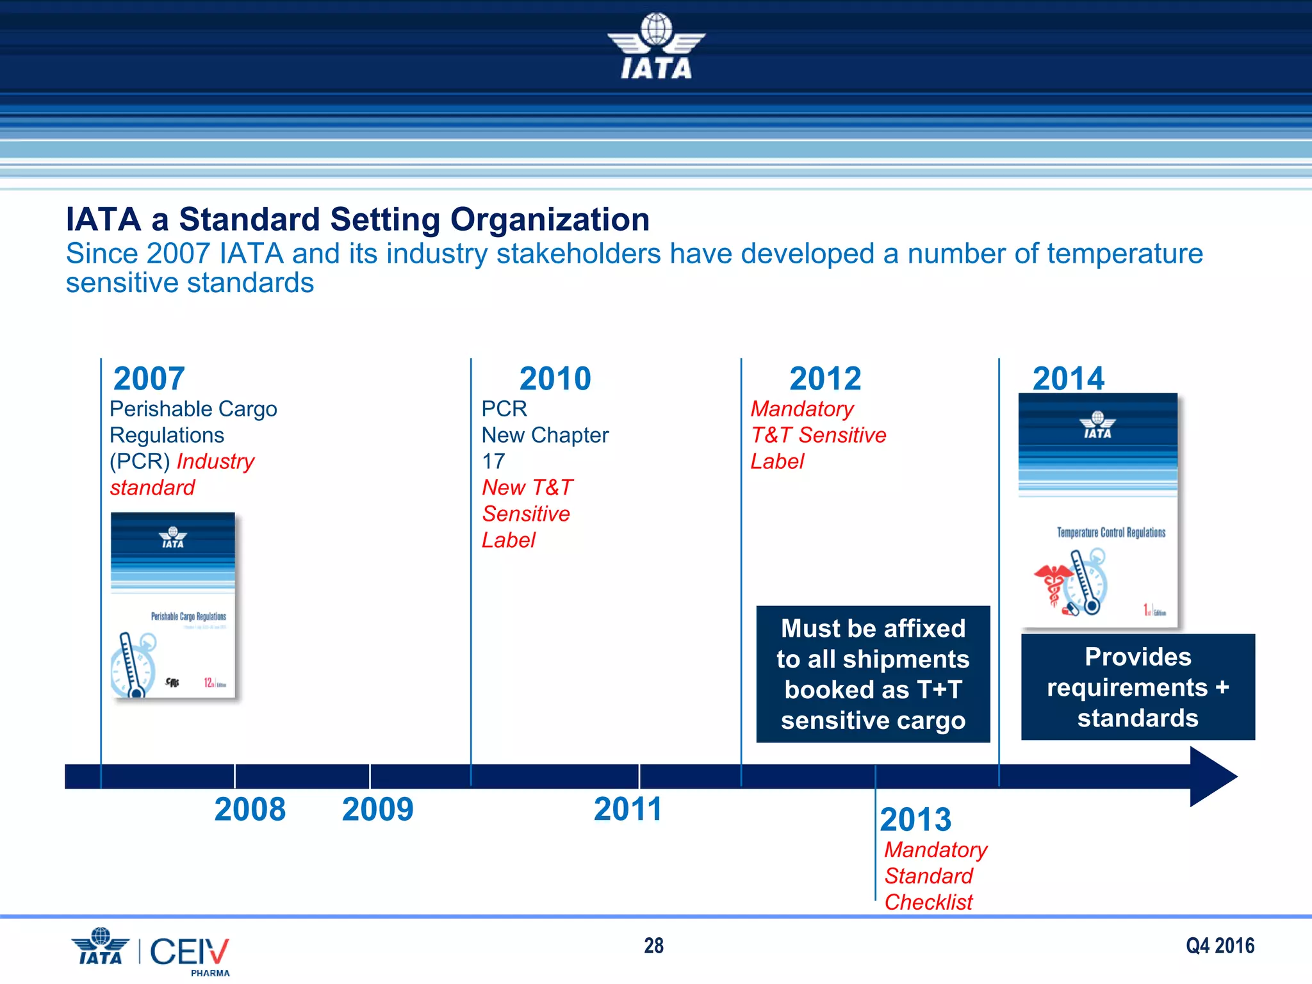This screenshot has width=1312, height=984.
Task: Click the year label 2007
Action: pyautogui.click(x=149, y=379)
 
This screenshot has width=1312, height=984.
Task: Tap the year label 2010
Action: pyautogui.click(x=555, y=379)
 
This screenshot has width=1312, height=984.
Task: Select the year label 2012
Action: pyautogui.click(x=825, y=379)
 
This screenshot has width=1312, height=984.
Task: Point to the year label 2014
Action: pyautogui.click(x=1068, y=378)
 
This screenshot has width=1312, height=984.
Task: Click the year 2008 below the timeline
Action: pyautogui.click(x=250, y=809)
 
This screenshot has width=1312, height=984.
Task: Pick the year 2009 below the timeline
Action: pyautogui.click(x=377, y=809)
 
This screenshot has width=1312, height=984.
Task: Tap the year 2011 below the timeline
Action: pyautogui.click(x=627, y=809)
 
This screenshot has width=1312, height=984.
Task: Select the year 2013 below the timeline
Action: pyautogui.click(x=915, y=819)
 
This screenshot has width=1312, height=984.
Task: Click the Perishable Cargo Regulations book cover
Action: pyautogui.click(x=173, y=605)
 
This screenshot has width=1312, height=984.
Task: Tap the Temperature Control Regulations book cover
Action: pyautogui.click(x=1098, y=510)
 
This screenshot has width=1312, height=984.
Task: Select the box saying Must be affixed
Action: pyautogui.click(x=873, y=674)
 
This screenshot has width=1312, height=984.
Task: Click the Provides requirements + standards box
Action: pyautogui.click(x=1138, y=687)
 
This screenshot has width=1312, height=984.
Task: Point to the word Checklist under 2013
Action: pyautogui.click(x=928, y=902)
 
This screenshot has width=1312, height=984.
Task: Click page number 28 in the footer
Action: pyautogui.click(x=653, y=946)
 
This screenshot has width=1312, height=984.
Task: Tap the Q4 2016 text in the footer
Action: pyautogui.click(x=1220, y=946)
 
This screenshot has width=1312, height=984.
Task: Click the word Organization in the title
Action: pyautogui.click(x=550, y=220)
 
